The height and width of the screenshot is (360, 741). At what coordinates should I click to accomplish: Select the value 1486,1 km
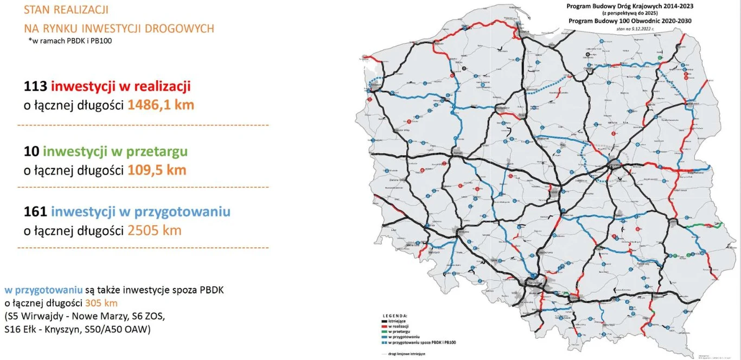click(161, 105)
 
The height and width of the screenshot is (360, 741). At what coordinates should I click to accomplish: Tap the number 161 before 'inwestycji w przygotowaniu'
click(35, 211)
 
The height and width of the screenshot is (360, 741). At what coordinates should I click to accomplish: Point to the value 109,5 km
click(157, 170)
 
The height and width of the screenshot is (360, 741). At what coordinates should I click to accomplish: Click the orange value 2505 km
click(155, 230)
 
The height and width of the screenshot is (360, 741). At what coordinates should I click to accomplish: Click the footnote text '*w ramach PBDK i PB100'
click(65, 41)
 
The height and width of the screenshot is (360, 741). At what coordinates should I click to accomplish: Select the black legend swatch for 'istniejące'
click(384, 321)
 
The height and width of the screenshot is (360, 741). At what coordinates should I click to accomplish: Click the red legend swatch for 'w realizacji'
click(384, 325)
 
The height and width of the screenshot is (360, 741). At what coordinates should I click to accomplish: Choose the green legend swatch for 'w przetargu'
click(384, 330)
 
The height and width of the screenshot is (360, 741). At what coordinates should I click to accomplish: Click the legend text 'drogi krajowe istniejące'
click(407, 353)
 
